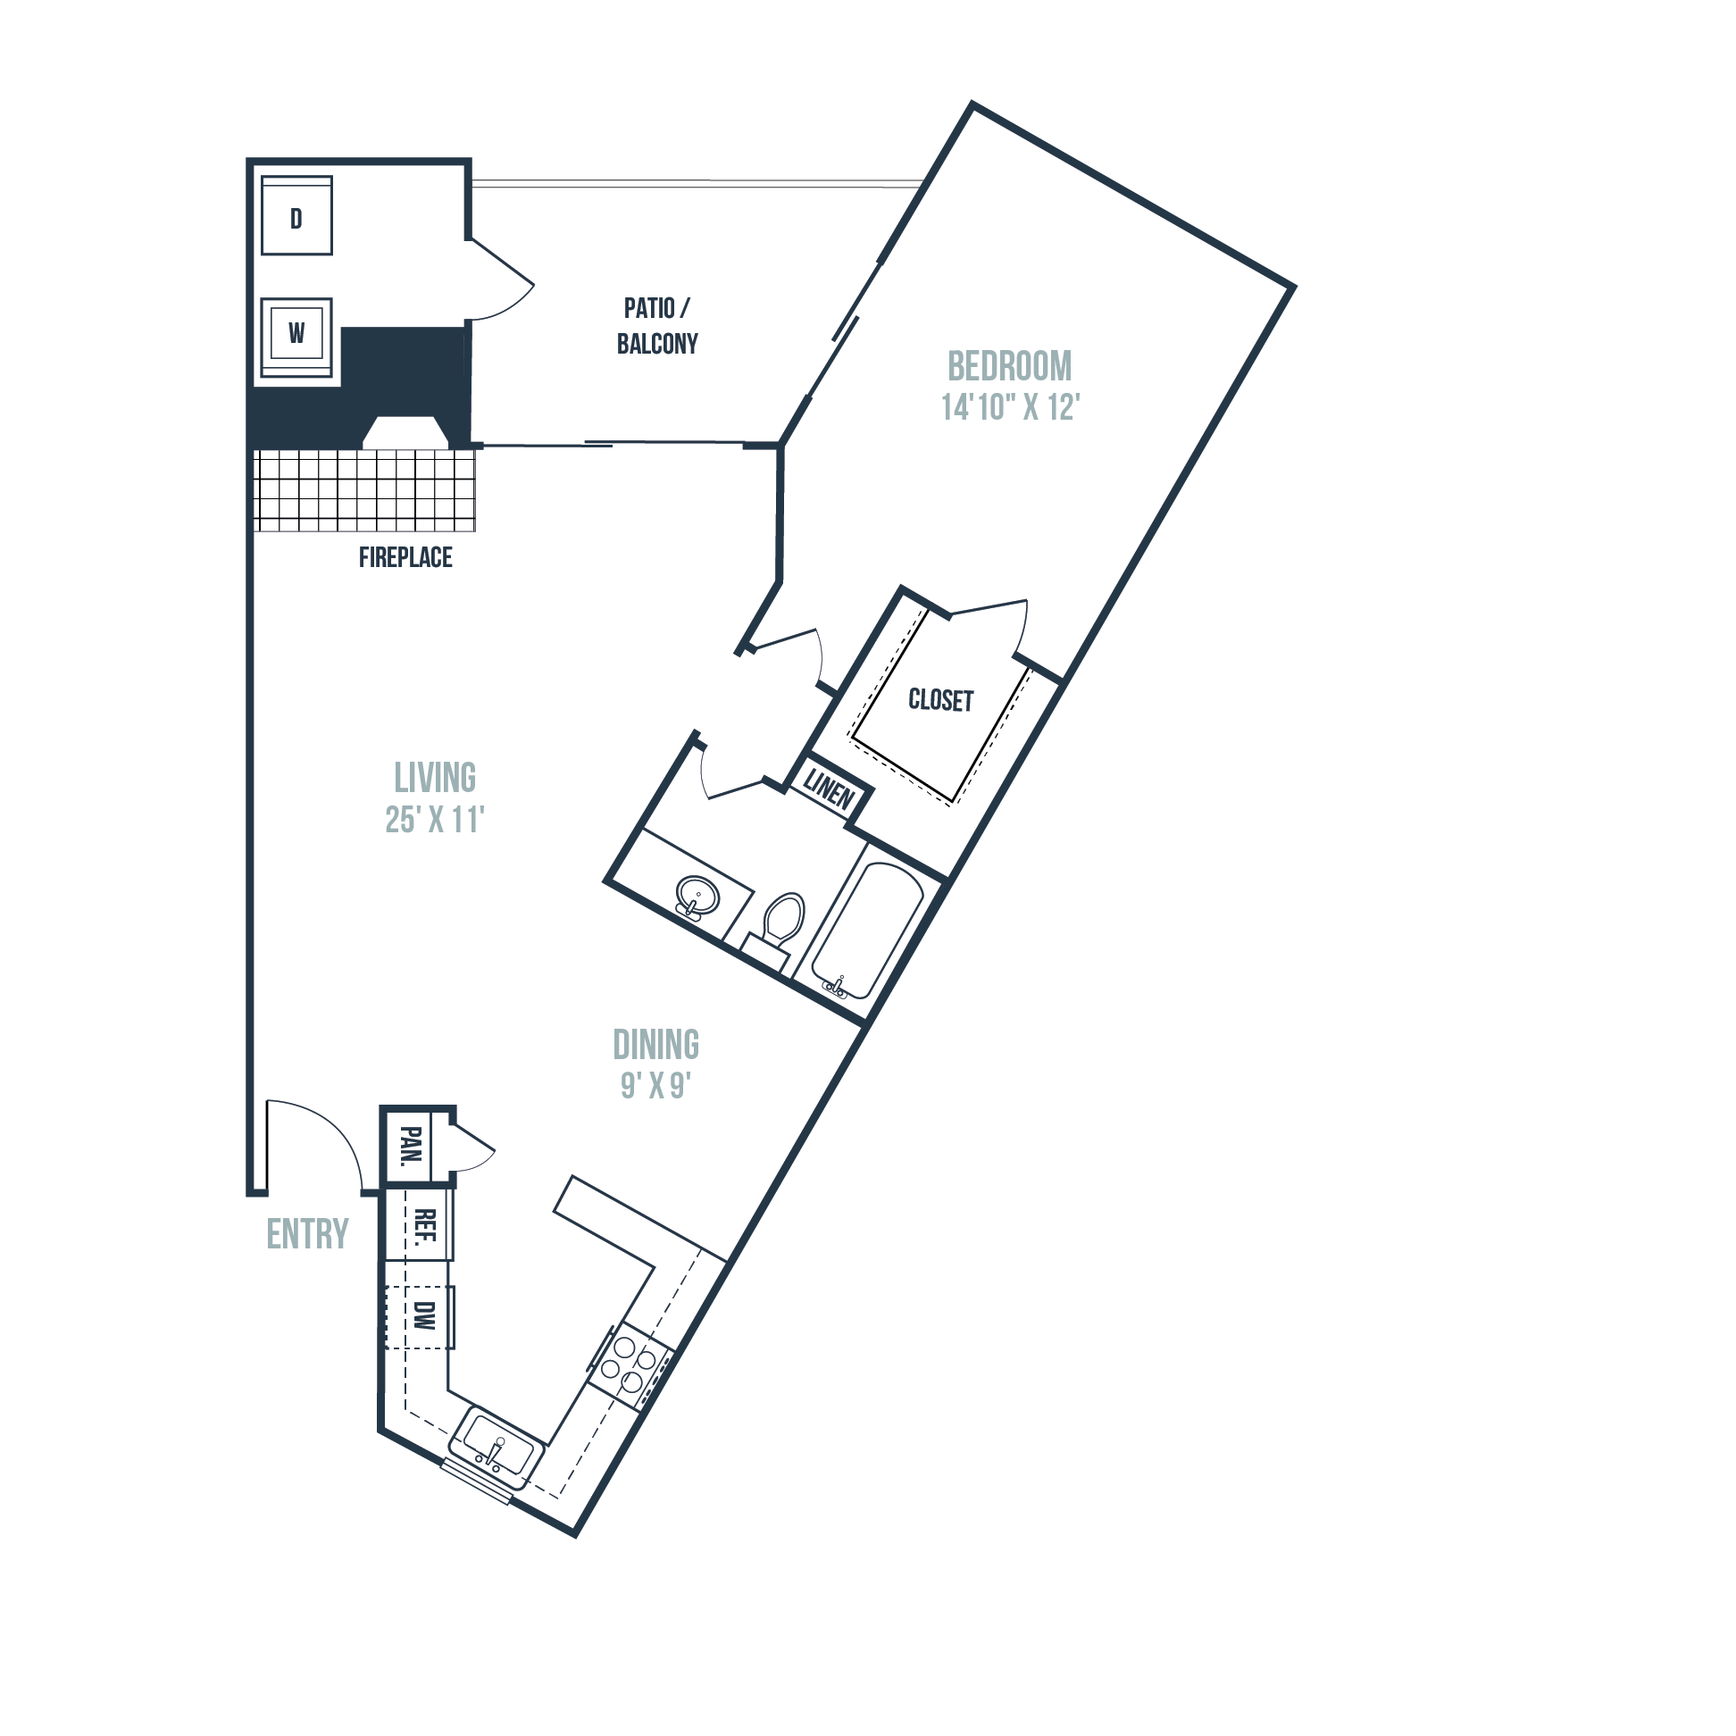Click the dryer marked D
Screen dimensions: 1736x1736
coord(296,215)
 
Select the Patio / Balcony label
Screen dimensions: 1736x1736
coord(658,326)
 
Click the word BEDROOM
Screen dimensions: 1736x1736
coord(1010,367)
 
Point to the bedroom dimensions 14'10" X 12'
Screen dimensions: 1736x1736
coord(1010,407)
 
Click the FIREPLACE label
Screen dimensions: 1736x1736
coord(405,558)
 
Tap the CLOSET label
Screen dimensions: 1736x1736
coord(941,700)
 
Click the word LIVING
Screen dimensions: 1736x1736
coord(435,778)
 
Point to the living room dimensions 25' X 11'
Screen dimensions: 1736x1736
coord(435,820)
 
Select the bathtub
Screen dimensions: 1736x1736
coord(867,931)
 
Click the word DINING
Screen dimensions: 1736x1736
coord(656,1045)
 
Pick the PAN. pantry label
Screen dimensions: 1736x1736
coord(410,1145)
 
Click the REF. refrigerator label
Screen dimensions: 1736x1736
coord(425,1224)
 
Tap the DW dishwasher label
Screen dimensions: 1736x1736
coord(425,1315)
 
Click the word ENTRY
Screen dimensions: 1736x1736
coord(307,1235)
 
